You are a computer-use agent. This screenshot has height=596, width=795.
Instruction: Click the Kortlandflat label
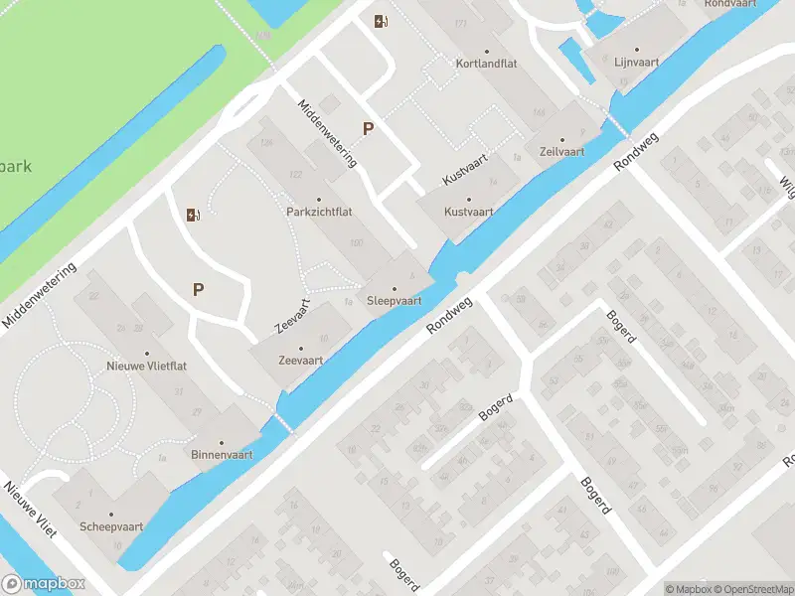point(487,64)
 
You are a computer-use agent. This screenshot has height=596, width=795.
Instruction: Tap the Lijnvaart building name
point(638,61)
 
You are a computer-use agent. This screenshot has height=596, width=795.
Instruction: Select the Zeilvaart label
point(561,152)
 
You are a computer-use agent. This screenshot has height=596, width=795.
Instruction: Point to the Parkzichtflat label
point(319,212)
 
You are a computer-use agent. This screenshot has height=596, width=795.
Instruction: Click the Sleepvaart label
point(395,300)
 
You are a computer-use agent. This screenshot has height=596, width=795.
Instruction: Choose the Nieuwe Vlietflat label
point(146,366)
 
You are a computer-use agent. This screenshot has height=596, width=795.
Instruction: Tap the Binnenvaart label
point(222,455)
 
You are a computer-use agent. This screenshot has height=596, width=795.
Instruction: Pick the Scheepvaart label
point(112,526)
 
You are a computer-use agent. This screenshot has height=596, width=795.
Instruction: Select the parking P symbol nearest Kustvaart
point(368,128)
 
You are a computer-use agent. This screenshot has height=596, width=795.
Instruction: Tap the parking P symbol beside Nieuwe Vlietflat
point(198,290)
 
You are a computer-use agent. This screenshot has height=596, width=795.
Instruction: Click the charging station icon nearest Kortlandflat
point(381,21)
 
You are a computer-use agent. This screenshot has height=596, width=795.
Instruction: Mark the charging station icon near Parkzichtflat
point(192,215)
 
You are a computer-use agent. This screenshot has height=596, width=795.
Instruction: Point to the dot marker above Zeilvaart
point(561,140)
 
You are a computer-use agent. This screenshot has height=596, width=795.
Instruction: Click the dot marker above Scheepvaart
point(112,515)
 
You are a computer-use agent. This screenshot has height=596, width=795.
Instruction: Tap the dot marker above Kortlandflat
point(487,51)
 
